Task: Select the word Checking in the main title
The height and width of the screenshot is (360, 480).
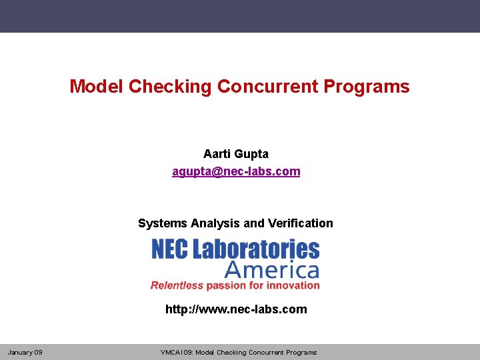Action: [x=170, y=87]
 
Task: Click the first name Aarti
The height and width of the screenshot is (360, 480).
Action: [x=217, y=154]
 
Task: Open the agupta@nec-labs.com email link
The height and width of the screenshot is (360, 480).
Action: [x=236, y=171]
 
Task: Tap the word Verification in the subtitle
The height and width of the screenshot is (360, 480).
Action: [x=300, y=223]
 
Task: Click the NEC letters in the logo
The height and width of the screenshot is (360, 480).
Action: [x=170, y=249]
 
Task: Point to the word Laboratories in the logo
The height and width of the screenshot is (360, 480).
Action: [x=257, y=249]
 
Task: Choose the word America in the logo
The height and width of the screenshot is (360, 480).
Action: [x=272, y=270]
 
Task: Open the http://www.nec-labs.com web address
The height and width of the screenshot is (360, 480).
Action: [x=236, y=309]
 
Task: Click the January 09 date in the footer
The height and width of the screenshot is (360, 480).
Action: [x=25, y=352]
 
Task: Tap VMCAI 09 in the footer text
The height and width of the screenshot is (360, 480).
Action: [x=176, y=352]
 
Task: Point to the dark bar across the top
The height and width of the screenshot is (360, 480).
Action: [x=240, y=16]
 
